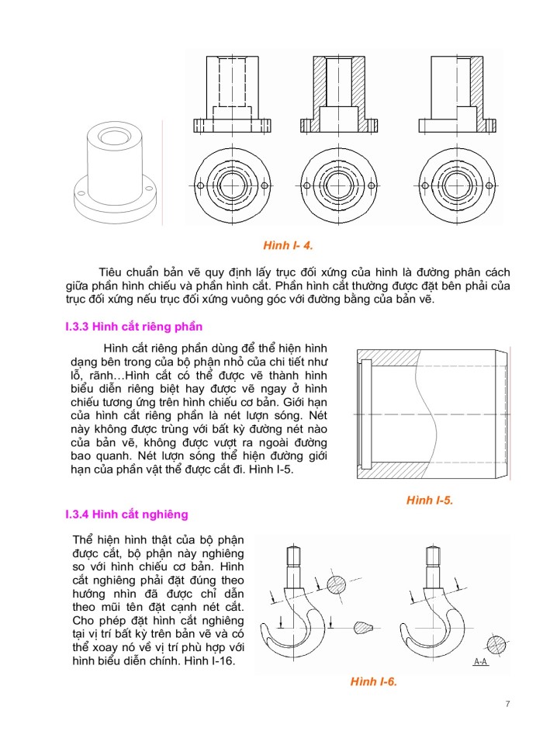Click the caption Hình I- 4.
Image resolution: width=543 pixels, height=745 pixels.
point(288,246)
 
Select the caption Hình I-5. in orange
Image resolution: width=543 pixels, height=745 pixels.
point(429,501)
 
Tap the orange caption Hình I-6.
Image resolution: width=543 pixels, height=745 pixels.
point(373,681)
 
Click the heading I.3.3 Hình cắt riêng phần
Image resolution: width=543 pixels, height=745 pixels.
point(134,326)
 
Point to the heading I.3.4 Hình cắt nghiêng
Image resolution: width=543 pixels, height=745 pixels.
point(126,515)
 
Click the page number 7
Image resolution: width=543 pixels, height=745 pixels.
point(507,704)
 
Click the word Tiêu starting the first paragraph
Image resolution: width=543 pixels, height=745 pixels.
point(112,272)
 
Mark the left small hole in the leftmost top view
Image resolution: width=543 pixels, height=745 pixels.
point(199,186)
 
